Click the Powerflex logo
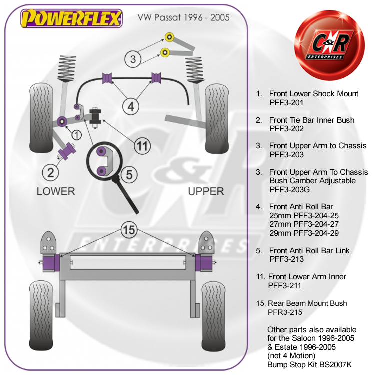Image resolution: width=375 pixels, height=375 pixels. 71,19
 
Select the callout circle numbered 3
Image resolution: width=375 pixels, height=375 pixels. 133,59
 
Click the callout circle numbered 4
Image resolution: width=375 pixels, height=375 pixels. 131,106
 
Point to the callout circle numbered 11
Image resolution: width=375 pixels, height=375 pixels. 143,146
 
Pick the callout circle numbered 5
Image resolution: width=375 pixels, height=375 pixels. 129,175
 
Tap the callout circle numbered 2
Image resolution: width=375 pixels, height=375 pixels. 51,173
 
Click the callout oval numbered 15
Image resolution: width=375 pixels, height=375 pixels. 129,230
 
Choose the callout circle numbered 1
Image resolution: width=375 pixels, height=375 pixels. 76,134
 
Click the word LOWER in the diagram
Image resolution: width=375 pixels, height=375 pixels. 56,191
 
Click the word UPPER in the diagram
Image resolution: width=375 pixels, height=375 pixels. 206,191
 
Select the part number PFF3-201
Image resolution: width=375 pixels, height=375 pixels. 287,102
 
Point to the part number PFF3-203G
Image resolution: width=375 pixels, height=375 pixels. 289,189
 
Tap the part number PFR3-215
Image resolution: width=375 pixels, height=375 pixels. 286,312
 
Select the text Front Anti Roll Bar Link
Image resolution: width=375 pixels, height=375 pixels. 309,250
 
